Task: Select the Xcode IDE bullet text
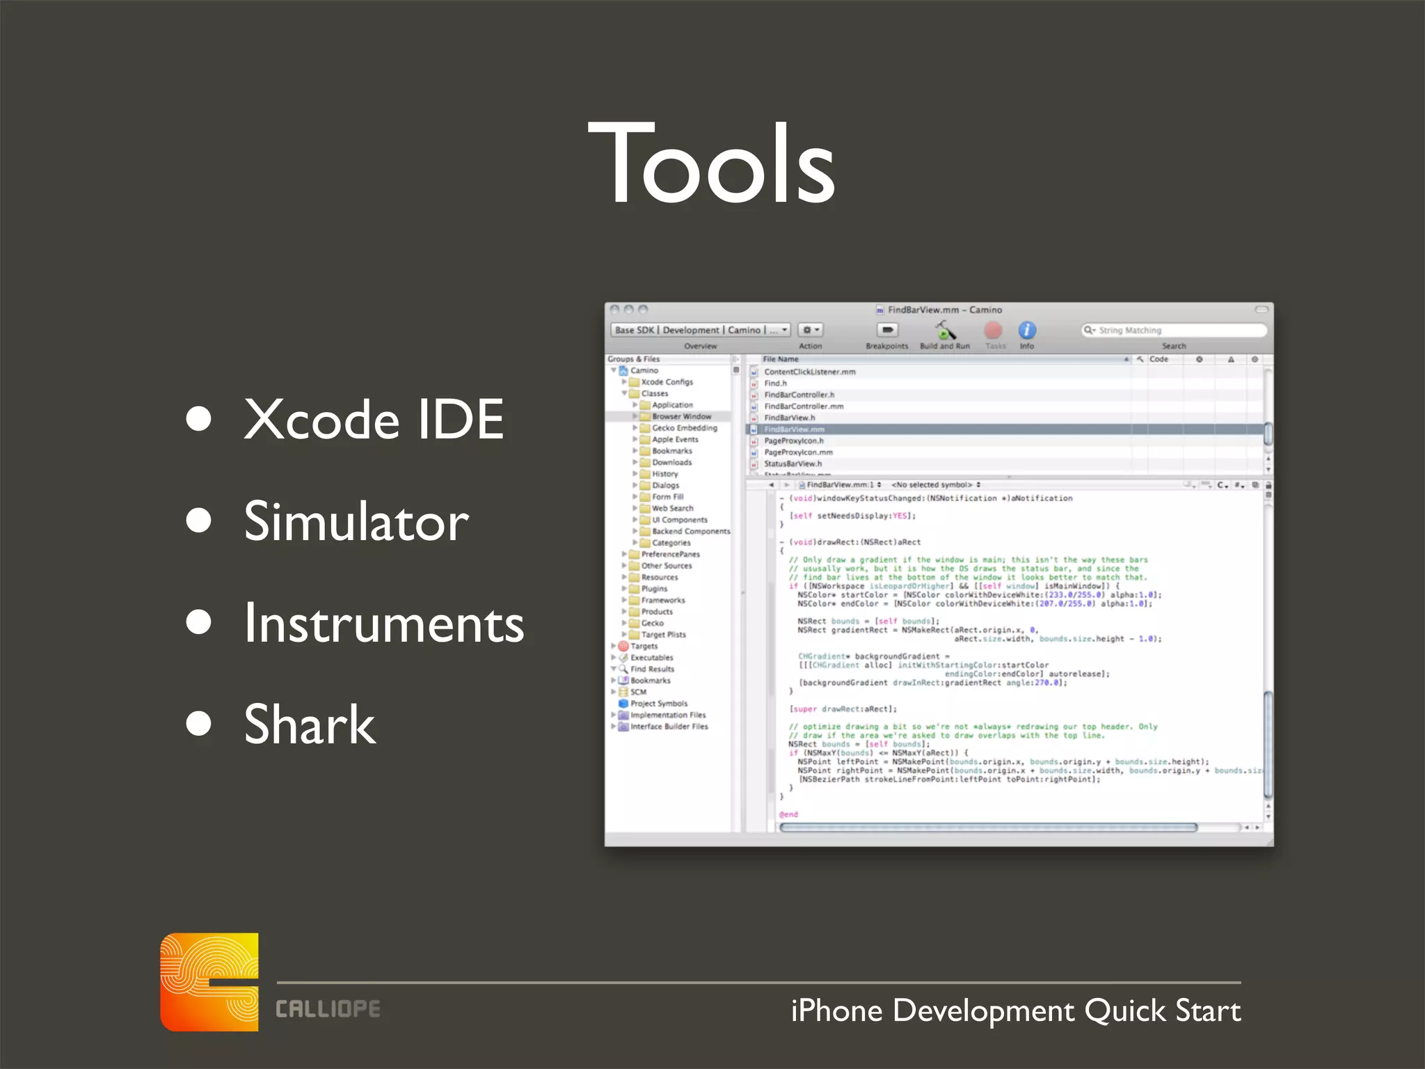(374, 420)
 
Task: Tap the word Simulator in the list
(356, 522)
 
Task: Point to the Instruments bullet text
(383, 624)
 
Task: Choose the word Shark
(310, 724)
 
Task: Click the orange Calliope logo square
(209, 981)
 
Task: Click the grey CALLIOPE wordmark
(328, 1009)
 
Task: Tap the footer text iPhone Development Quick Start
(1015, 1011)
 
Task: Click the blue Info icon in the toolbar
(1027, 330)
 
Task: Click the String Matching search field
(1176, 330)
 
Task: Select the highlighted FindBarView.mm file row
(794, 429)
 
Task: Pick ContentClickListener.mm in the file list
(809, 372)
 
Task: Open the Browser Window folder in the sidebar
(680, 416)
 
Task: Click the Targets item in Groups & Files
(644, 646)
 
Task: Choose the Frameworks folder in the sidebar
(662, 600)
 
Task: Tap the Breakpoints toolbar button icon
(887, 330)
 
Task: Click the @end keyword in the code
(788, 814)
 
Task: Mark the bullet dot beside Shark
(199, 724)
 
